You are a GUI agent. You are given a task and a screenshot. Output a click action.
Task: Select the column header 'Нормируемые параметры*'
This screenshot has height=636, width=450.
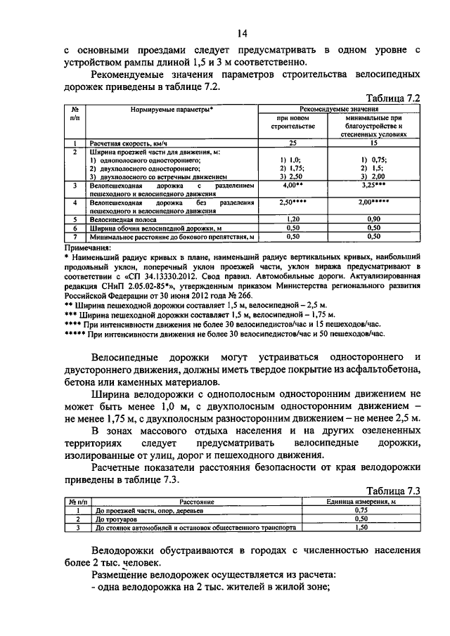[x=172, y=111]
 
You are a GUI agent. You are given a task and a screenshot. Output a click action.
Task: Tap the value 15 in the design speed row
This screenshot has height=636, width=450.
[x=373, y=143]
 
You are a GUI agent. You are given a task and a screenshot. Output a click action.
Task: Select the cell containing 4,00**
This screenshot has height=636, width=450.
[x=292, y=186]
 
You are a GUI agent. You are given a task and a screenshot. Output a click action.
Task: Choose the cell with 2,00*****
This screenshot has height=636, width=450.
[x=373, y=202]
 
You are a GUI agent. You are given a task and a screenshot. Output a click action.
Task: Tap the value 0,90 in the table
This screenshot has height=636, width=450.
[x=373, y=219]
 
